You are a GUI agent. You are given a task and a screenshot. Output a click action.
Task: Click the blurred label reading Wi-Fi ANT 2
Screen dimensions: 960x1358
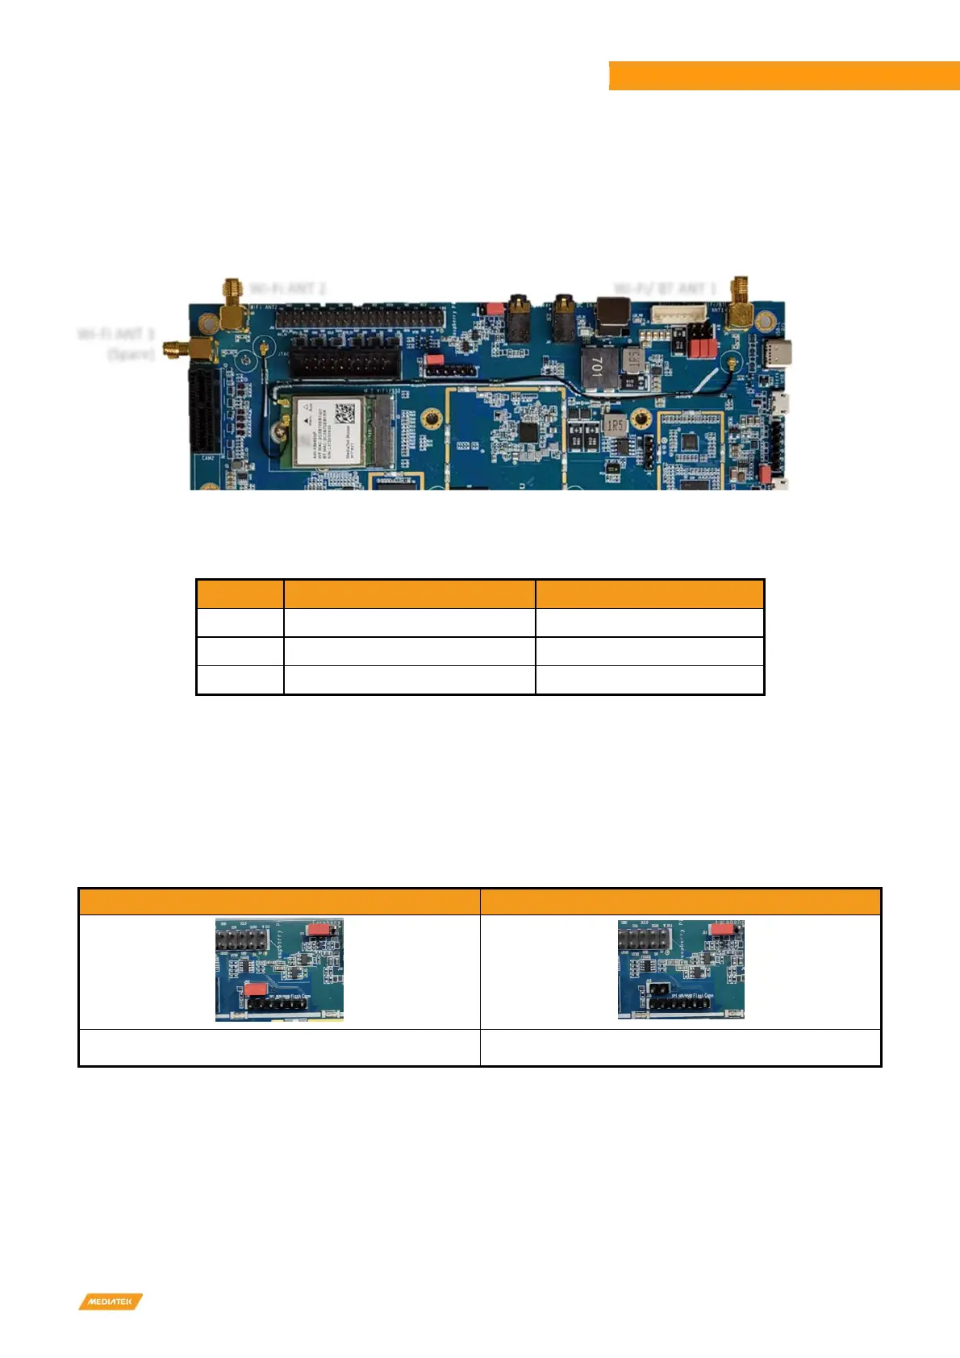pos(288,288)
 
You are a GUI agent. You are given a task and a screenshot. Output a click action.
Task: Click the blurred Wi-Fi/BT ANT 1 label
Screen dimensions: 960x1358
pos(666,288)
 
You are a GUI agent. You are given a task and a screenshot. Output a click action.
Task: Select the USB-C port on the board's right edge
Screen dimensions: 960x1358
pos(780,353)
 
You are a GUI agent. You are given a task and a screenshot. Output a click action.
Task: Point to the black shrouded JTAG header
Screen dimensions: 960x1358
pos(345,358)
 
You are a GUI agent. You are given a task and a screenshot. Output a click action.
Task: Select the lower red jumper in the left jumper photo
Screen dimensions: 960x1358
pos(256,988)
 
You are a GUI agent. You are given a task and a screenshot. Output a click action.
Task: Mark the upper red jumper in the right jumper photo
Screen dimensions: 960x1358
pos(723,929)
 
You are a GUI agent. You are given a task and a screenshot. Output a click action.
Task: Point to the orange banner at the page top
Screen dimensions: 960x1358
pos(783,76)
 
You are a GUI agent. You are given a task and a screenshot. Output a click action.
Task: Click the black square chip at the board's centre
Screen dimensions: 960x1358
pos(528,431)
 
